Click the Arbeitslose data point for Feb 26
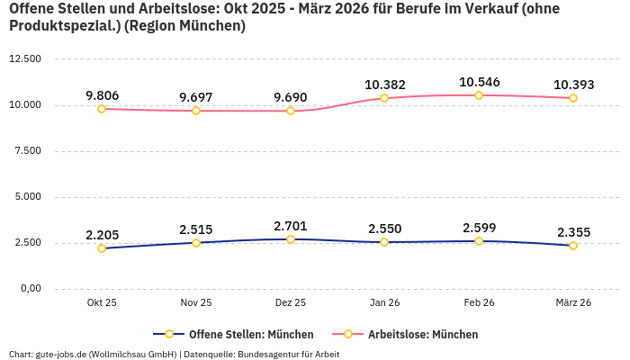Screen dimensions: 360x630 pos(479,95)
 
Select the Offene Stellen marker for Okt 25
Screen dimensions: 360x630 pos(102,248)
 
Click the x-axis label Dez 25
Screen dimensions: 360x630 pos(290,303)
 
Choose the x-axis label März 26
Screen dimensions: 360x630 pos(573,303)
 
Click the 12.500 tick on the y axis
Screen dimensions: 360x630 pos(25,58)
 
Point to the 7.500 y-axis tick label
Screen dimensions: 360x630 pos(28,150)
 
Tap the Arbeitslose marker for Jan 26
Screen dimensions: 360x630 pos(384,98)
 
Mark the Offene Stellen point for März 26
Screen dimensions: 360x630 pos(573,246)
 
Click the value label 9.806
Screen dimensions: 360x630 pos(102,95)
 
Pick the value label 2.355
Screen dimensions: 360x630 pos(573,232)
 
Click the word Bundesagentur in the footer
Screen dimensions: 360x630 pos(271,354)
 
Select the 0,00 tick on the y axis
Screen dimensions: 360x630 pos(31,289)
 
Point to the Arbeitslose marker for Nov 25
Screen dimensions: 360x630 pos(196,111)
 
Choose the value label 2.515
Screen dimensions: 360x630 pos(196,229)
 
